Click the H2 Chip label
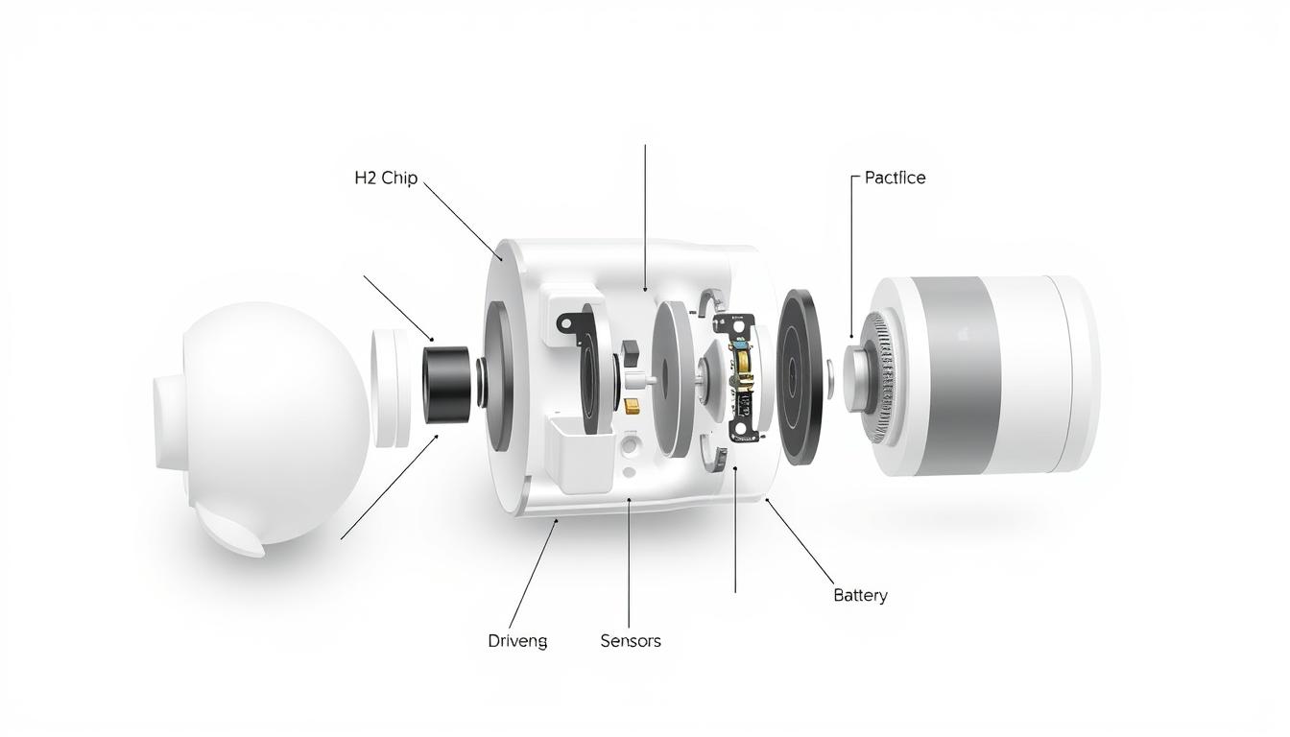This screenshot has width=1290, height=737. (386, 178)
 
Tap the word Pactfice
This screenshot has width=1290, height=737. (895, 178)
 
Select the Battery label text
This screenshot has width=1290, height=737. (860, 595)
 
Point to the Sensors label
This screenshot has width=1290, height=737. (630, 641)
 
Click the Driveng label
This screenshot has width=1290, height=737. (517, 641)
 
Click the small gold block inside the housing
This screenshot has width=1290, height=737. (633, 406)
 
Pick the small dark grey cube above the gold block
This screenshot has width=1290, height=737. (631, 351)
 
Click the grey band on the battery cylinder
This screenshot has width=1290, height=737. (959, 374)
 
